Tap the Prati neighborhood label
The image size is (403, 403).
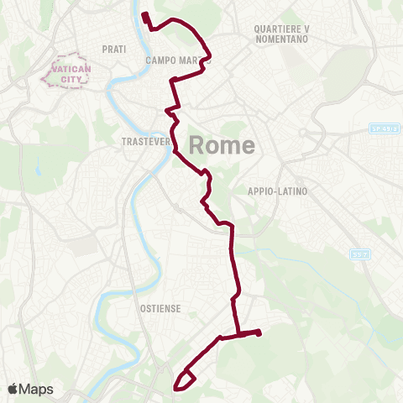pos(113,50)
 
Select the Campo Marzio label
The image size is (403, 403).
pos(175,60)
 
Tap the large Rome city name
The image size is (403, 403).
pos(222,145)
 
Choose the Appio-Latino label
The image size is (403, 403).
pos(278,191)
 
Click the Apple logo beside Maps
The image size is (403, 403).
pos(14,389)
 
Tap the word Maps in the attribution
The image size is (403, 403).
pos(37,389)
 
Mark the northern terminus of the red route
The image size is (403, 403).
pos(144,14)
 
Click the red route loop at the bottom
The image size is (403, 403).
pos(184,380)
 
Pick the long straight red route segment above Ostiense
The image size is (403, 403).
pos(234,260)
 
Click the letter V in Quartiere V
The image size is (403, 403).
pos(306,29)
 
